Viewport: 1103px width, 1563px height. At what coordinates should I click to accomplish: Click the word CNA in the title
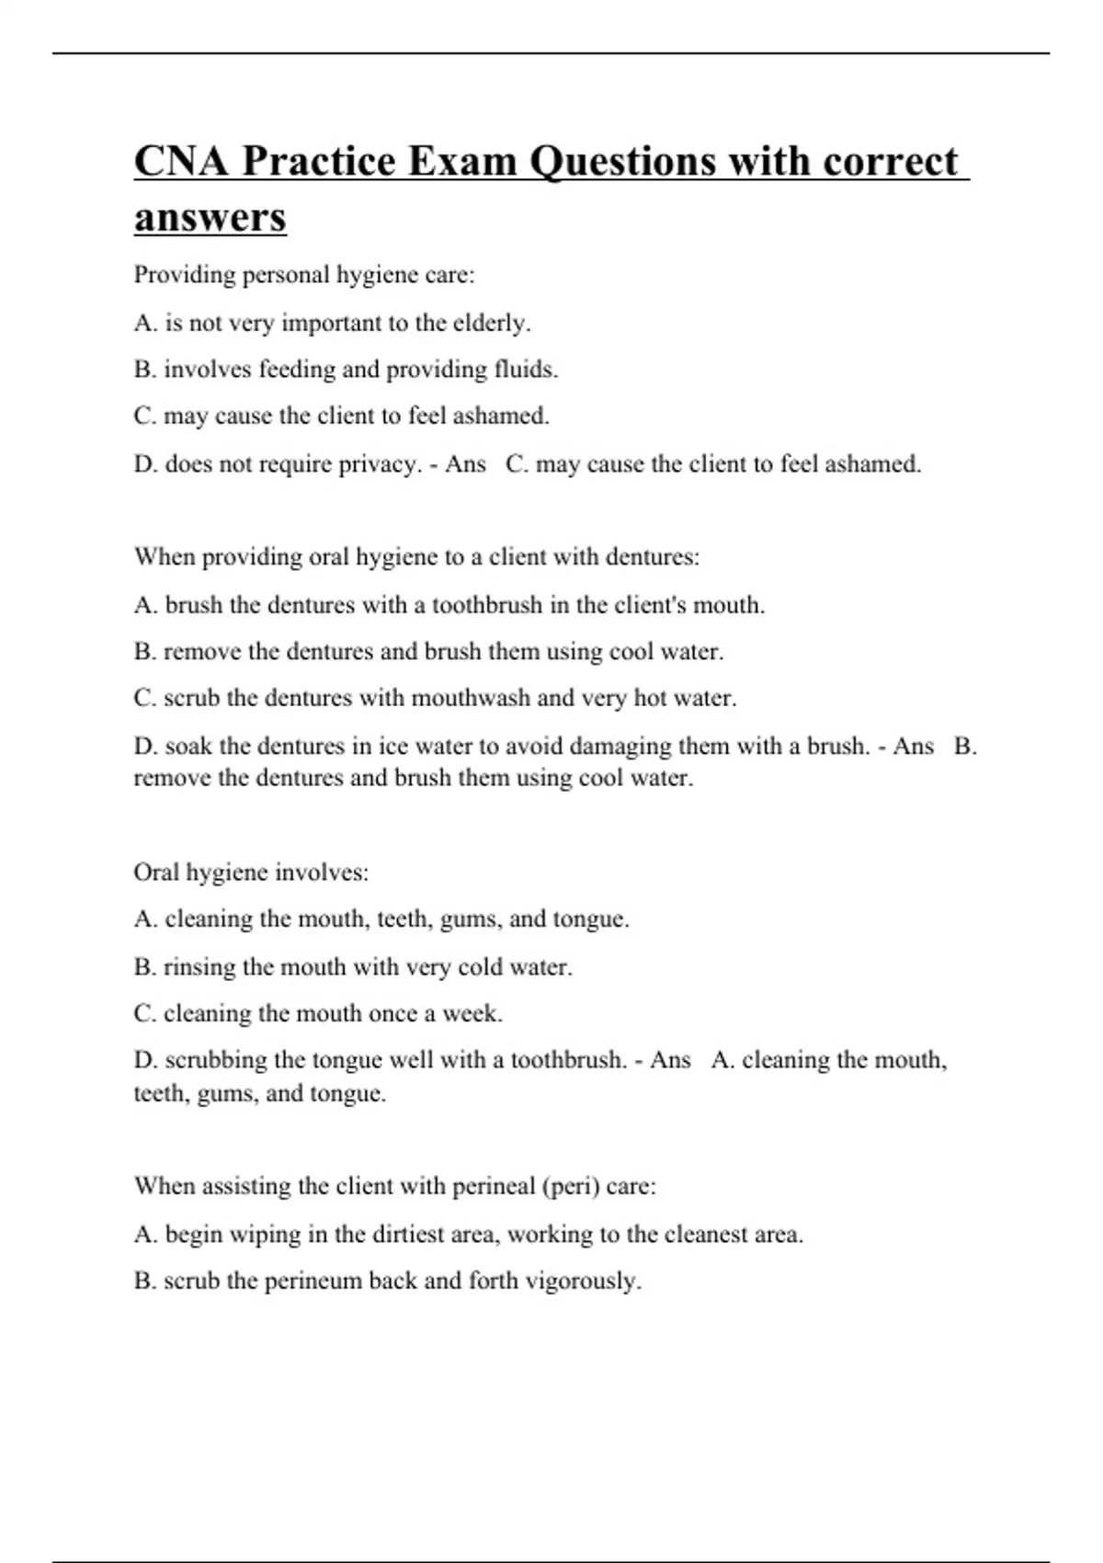(x=181, y=162)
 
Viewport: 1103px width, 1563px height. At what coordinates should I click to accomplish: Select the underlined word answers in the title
(x=210, y=218)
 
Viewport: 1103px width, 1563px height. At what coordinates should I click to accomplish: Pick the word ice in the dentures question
(x=392, y=746)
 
